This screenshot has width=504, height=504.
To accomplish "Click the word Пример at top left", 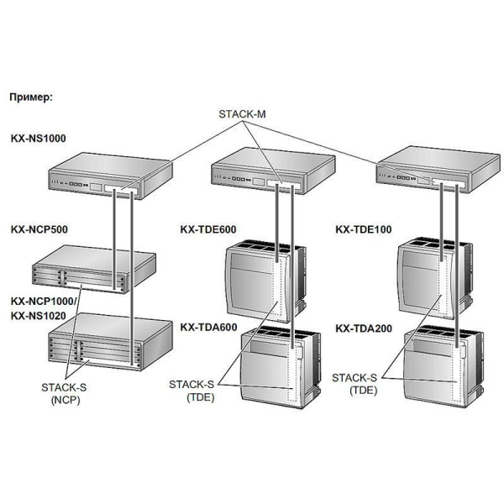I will click(x=31, y=97).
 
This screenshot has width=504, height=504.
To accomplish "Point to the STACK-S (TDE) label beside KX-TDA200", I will click(x=354, y=384).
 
